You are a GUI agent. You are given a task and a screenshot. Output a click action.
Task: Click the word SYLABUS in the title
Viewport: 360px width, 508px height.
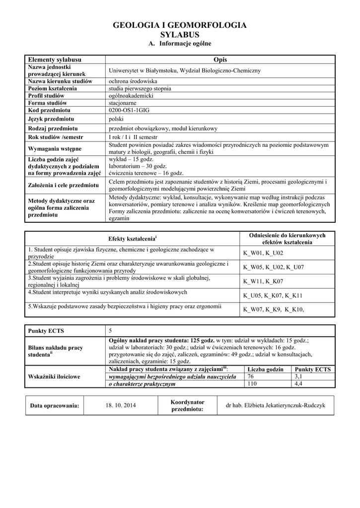click(x=180, y=35)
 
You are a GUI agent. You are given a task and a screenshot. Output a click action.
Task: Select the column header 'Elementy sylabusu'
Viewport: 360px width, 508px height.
click(x=55, y=60)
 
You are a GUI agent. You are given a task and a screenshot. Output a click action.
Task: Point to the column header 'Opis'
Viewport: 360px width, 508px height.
click(x=219, y=60)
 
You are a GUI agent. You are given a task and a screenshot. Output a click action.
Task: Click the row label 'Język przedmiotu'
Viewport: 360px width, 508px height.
click(x=51, y=119)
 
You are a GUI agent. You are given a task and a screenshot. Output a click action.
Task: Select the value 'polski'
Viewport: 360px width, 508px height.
click(x=116, y=119)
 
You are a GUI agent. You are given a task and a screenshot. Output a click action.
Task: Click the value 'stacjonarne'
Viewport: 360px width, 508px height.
click(x=123, y=103)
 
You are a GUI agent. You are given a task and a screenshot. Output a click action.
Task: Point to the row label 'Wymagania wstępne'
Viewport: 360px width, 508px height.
click(x=55, y=148)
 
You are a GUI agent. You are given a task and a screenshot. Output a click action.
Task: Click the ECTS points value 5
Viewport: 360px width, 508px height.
click(x=111, y=331)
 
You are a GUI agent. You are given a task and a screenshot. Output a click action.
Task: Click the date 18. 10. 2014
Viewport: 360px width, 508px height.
click(x=121, y=406)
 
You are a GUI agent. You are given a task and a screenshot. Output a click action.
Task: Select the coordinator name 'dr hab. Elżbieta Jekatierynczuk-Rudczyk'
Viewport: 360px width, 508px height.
click(x=275, y=406)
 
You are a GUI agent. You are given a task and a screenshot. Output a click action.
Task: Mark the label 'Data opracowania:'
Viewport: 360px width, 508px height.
click(x=55, y=406)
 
